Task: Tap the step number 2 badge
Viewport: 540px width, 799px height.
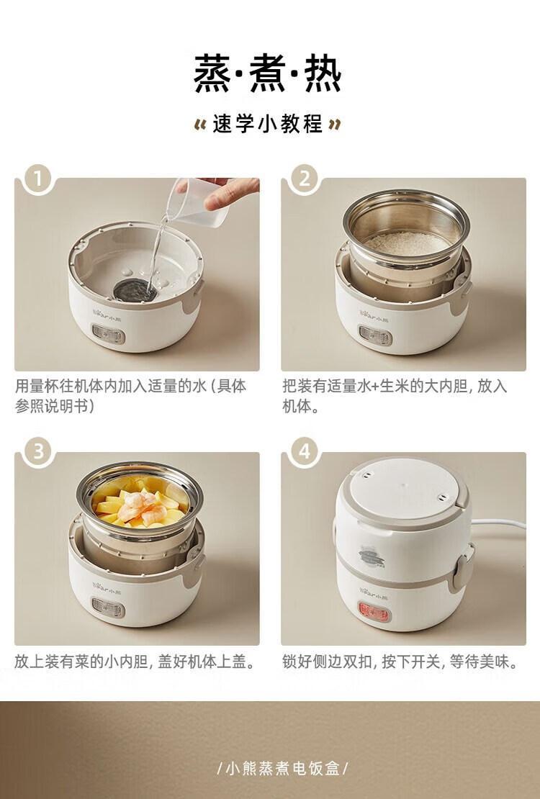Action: coord(305,179)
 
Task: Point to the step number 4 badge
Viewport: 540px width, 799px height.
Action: coord(305,452)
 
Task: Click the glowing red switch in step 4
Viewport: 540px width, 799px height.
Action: coord(374,611)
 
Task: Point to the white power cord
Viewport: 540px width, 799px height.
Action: coord(499,524)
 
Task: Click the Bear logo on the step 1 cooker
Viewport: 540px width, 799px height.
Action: coord(108,312)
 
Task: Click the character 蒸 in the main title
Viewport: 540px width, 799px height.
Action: coord(212,74)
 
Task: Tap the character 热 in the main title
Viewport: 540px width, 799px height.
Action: coord(323,74)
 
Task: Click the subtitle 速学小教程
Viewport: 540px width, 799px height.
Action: coord(269,124)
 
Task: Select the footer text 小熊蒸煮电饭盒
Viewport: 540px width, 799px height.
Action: coord(282,768)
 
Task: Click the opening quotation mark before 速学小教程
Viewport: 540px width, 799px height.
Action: coord(200,125)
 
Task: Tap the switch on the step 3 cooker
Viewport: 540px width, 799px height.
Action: coord(108,608)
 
